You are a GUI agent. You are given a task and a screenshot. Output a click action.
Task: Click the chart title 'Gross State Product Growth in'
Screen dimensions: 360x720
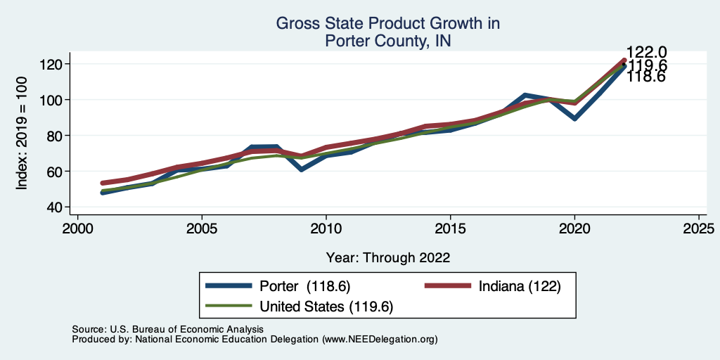pos(387,24)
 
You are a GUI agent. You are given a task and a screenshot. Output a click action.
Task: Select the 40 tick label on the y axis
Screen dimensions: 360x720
pos(55,207)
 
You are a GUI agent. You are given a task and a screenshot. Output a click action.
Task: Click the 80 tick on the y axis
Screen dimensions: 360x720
pos(55,135)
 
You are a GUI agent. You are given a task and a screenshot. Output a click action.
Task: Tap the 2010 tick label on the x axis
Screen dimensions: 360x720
pos(326,229)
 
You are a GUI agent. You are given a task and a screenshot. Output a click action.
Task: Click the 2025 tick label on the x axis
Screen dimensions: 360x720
pos(699,229)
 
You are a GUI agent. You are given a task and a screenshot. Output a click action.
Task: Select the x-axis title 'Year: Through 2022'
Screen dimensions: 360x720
pos(387,257)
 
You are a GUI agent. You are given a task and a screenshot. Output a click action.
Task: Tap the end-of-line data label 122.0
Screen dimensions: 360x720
pos(647,53)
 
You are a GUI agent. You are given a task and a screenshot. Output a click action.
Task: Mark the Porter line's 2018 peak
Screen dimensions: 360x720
pos(525,95)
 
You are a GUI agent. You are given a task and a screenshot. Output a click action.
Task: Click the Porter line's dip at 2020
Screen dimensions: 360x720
pos(574,118)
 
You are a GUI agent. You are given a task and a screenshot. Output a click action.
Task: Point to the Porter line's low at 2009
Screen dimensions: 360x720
pos(301,169)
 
